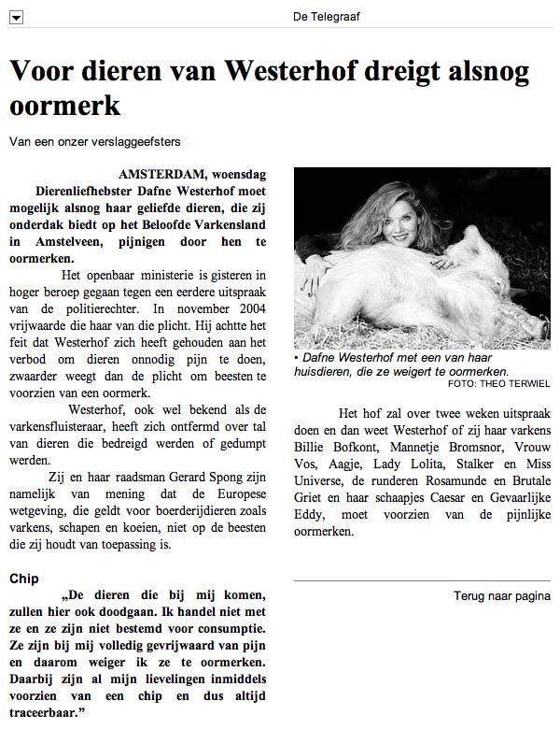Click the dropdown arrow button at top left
[x=16, y=17]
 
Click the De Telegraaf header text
[x=327, y=16]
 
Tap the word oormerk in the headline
[x=64, y=107]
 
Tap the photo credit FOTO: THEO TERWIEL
[x=498, y=384]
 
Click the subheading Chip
[x=23, y=579]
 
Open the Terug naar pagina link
[x=501, y=595]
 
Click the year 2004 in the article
[x=248, y=307]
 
